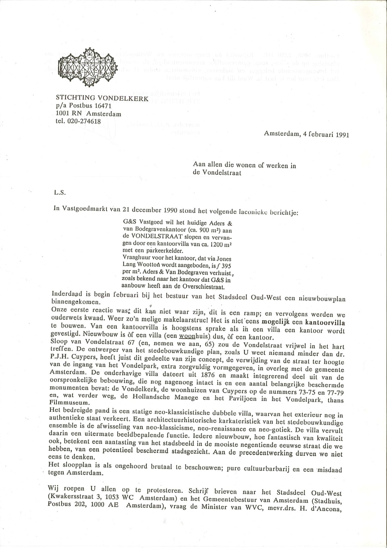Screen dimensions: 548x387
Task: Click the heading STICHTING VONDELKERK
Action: tap(102, 98)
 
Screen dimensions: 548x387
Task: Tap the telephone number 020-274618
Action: tap(84, 122)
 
